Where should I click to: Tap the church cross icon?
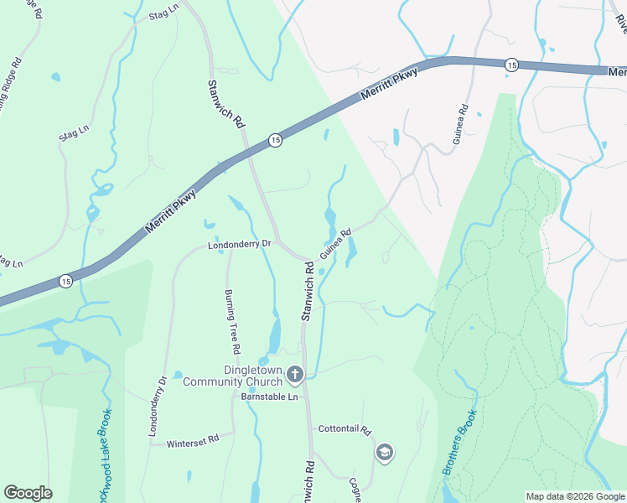pos(294,374)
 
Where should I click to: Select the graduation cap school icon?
pos(385,454)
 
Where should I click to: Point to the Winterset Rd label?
pos(192,438)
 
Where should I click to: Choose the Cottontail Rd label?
pos(344,429)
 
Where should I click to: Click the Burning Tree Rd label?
pos(232,321)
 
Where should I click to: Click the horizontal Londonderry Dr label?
pos(240,245)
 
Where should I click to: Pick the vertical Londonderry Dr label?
pos(158,407)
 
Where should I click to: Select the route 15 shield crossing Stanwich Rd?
pos(274,141)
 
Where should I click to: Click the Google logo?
pos(28,493)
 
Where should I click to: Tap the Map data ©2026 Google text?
pos(574,496)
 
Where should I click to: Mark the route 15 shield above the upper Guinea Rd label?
pos(510,65)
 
